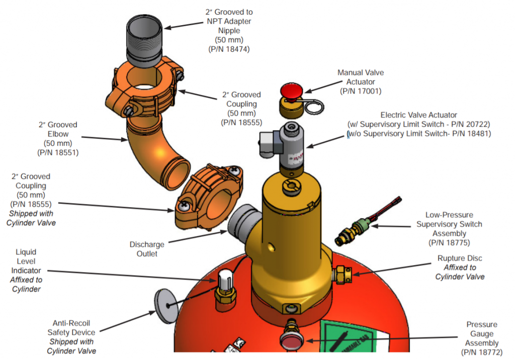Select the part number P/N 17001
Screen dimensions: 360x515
(360, 91)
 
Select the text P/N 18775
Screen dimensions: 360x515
(449, 242)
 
